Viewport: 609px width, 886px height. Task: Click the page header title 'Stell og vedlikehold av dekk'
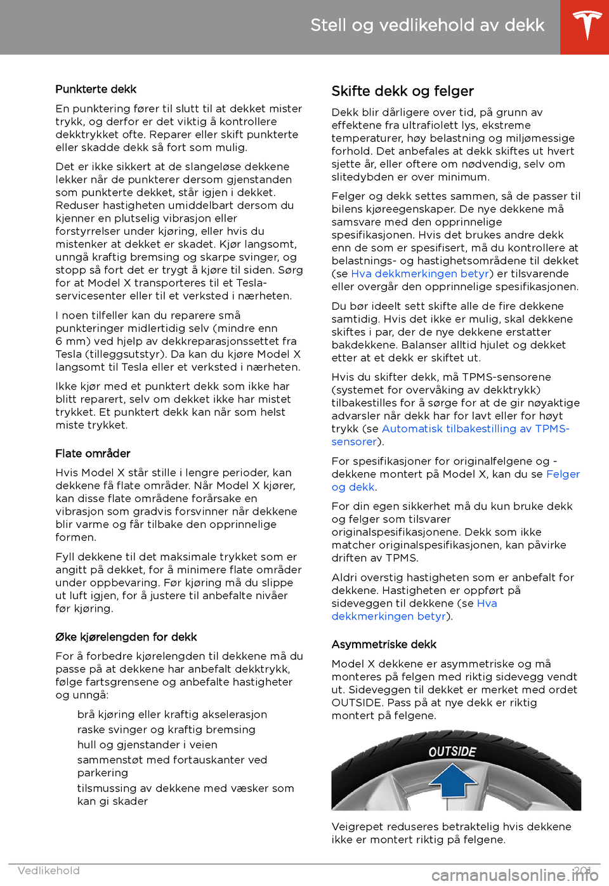click(x=427, y=25)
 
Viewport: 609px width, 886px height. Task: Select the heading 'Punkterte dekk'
click(x=96, y=89)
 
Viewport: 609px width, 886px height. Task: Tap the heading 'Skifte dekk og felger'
click(x=402, y=91)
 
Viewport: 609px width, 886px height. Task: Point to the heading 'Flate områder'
click(x=93, y=454)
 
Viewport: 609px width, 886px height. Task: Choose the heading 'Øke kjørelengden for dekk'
click(x=126, y=637)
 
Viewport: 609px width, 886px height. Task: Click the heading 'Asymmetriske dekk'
click(x=384, y=645)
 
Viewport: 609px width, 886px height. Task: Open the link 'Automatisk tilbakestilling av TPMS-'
click(x=475, y=429)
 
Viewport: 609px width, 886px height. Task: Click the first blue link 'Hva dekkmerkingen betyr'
click(x=420, y=274)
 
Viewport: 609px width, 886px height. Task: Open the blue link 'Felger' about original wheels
click(x=563, y=475)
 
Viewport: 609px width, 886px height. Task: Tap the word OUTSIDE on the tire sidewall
click(x=452, y=752)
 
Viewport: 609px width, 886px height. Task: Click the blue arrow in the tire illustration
click(x=453, y=780)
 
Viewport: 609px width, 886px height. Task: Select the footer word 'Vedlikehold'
click(x=49, y=871)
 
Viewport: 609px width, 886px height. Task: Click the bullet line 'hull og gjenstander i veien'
click(x=147, y=745)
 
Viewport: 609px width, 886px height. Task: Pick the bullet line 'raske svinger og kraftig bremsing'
click(x=166, y=730)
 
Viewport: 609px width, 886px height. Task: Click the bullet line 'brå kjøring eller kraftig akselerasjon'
click(x=172, y=715)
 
